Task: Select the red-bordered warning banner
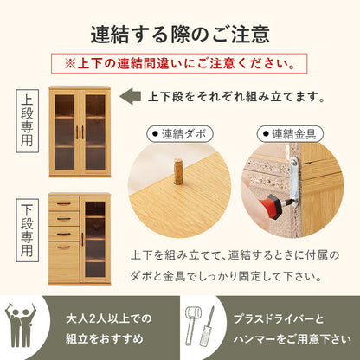point(180,64)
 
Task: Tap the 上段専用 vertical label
point(28,130)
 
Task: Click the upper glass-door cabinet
point(80,132)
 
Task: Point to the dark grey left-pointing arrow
point(129,97)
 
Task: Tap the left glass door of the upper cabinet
point(65,131)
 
